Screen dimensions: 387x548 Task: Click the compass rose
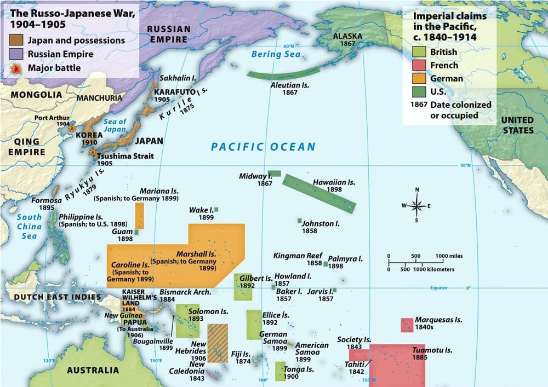[416, 206]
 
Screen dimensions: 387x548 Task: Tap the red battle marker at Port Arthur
[72, 128]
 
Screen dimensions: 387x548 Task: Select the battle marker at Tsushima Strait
[93, 152]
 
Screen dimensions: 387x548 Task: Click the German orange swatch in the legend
[420, 78]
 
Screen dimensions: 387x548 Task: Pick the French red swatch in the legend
[420, 65]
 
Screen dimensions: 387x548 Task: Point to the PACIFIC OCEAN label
[263, 146]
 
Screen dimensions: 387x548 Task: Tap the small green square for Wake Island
[216, 210]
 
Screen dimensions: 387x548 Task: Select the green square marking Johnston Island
[300, 221]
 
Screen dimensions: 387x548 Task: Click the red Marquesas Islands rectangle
[407, 325]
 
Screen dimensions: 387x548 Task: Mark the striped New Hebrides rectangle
[218, 343]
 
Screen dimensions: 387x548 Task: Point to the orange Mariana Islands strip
[139, 216]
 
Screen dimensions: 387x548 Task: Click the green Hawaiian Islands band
[319, 193]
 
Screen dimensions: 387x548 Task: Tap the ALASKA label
[347, 37]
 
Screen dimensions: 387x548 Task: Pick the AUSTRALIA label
[93, 371]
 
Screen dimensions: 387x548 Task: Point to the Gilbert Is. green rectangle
[242, 287]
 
